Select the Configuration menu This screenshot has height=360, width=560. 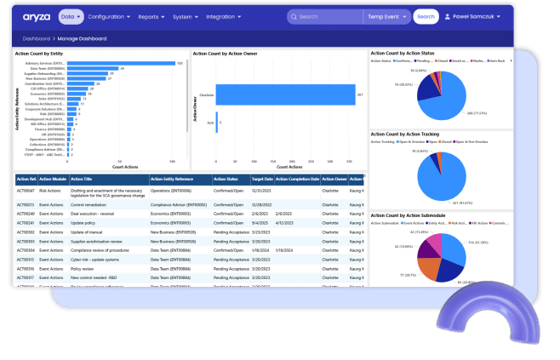click(110, 16)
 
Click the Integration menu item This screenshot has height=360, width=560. click(224, 16)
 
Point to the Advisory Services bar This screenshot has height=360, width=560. click(119, 63)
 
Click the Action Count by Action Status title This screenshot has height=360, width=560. click(408, 54)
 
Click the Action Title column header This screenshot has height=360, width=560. click(83, 180)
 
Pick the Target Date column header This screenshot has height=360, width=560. click(263, 180)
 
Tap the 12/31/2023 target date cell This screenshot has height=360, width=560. click(261, 192)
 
